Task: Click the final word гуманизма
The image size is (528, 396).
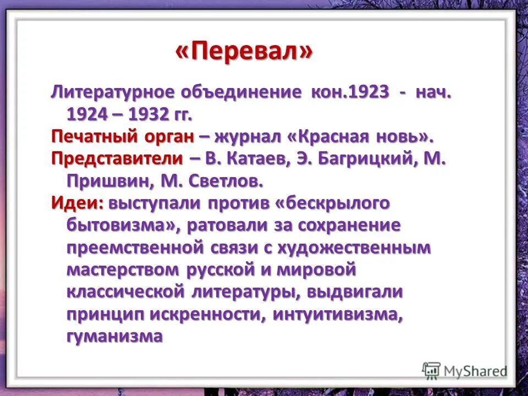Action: click(114, 336)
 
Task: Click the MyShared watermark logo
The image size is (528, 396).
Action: click(465, 371)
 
